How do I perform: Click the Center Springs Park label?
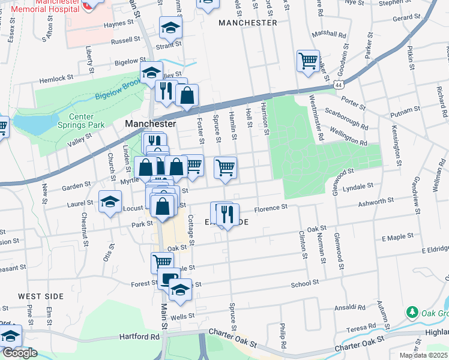tap(86, 121)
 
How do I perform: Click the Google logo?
tap(20, 352)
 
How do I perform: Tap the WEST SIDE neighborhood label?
tap(40, 296)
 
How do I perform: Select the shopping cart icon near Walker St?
tap(308, 61)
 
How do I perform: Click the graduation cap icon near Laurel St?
tap(110, 202)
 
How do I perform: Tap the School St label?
tap(305, 284)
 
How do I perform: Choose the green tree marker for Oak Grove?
tap(412, 312)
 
